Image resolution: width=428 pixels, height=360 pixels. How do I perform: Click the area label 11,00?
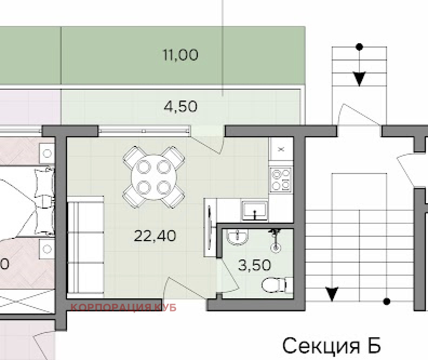(180, 55)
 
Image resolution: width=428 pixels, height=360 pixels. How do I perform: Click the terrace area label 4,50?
(180, 106)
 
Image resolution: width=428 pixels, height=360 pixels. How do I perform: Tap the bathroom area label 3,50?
(255, 265)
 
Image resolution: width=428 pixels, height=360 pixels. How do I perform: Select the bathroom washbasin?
(236, 237)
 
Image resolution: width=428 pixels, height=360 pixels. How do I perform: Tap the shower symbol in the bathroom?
(277, 241)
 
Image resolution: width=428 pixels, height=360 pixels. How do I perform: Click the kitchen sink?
(254, 210)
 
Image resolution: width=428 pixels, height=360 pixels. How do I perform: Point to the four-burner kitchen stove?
(280, 180)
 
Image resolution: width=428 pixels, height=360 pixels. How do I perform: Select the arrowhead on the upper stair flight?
(359, 79)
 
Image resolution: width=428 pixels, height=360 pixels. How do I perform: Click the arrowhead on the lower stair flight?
(332, 294)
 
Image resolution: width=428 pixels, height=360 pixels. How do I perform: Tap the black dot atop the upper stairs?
(359, 47)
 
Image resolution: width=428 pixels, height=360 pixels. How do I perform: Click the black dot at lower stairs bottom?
(386, 301)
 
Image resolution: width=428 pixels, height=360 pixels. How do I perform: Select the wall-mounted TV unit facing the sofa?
(209, 228)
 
